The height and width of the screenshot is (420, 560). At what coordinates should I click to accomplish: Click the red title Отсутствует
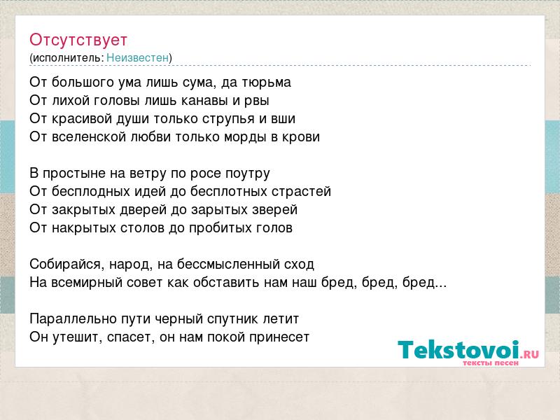click(78, 40)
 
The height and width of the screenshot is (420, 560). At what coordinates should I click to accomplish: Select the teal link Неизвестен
click(137, 58)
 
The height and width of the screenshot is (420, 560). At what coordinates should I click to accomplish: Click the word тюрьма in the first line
click(267, 83)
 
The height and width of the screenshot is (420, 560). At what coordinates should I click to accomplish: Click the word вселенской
click(89, 137)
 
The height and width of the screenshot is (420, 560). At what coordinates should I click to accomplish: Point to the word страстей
click(302, 192)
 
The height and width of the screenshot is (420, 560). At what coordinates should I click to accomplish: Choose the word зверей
click(274, 210)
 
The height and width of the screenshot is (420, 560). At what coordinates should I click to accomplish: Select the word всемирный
click(89, 283)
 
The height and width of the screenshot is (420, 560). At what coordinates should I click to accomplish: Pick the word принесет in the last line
click(279, 337)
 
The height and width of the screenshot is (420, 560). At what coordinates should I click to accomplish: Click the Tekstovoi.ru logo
click(468, 353)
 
